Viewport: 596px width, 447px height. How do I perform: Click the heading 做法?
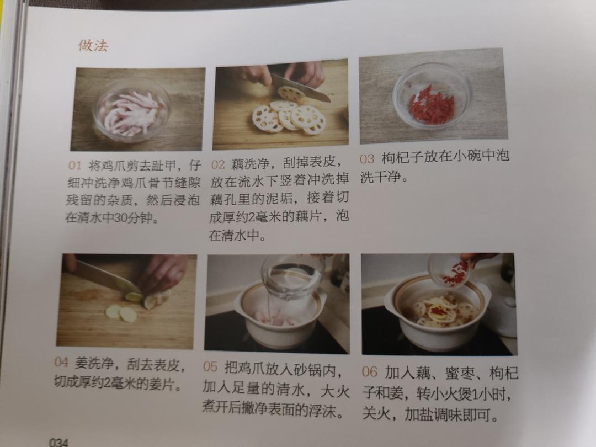click(x=93, y=46)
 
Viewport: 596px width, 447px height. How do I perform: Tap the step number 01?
click(x=75, y=166)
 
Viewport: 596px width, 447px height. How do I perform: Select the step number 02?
click(x=218, y=164)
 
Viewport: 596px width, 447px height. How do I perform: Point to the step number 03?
click(x=367, y=159)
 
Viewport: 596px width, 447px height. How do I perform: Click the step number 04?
click(x=61, y=362)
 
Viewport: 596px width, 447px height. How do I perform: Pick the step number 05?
click(x=210, y=367)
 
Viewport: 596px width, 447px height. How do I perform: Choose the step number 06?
click(x=369, y=371)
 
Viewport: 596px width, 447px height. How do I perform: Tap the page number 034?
click(x=58, y=442)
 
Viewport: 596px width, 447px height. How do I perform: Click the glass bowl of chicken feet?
click(x=131, y=110)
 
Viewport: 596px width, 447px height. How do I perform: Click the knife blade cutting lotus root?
click(x=300, y=88)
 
